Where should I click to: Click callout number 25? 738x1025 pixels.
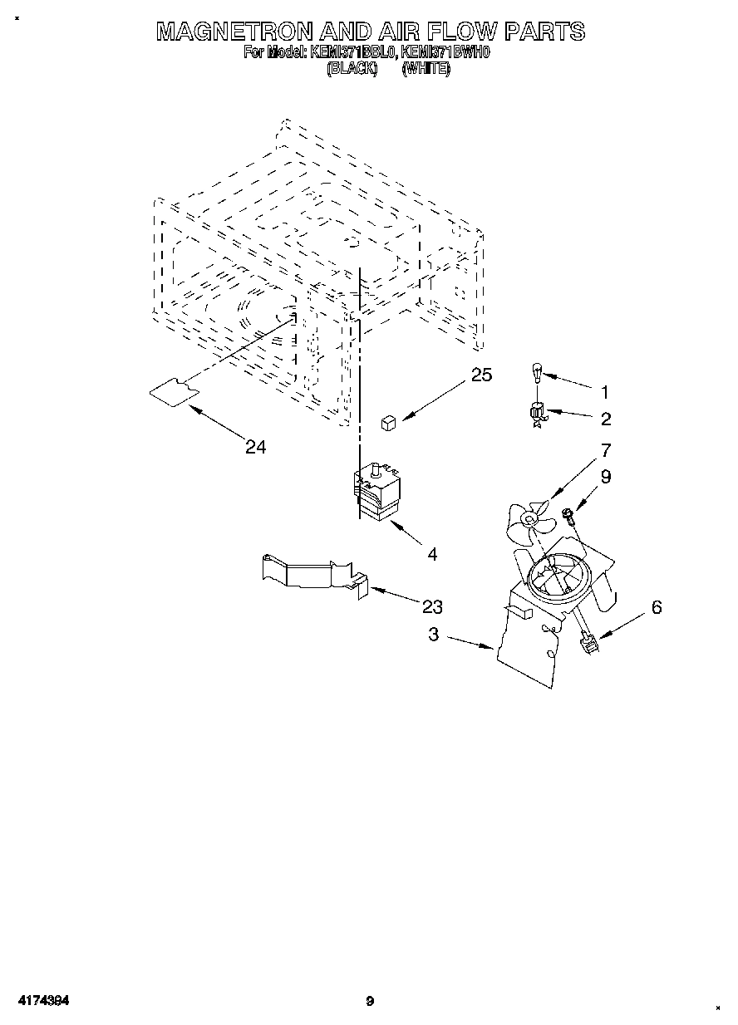(481, 375)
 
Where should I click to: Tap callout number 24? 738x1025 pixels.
(255, 447)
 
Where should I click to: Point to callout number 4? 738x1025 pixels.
(432, 554)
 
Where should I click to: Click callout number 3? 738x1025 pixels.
(434, 635)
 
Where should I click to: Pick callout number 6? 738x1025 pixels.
(657, 607)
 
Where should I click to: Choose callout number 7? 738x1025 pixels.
(606, 450)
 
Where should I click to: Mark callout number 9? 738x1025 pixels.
(606, 477)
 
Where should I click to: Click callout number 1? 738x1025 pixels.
(605, 391)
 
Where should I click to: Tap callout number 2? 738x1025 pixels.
(605, 419)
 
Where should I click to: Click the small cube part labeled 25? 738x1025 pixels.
(387, 424)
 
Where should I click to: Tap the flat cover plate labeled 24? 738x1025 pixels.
(173, 391)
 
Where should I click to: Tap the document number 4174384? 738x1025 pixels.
(41, 1001)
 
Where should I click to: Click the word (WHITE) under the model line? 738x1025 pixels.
(426, 70)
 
